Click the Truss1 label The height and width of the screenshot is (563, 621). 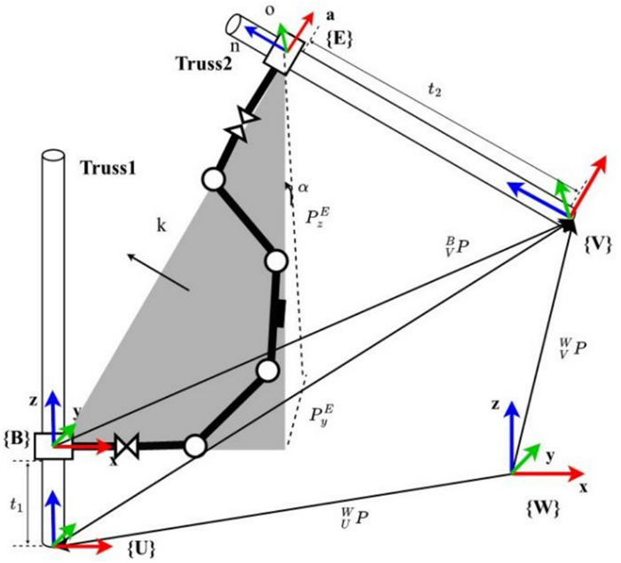pos(108,167)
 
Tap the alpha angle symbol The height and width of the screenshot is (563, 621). pos(303,187)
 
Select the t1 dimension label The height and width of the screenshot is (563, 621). pos(13,503)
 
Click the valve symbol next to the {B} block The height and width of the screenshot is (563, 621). pos(130,446)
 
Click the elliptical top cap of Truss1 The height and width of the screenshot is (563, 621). pos(53,156)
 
